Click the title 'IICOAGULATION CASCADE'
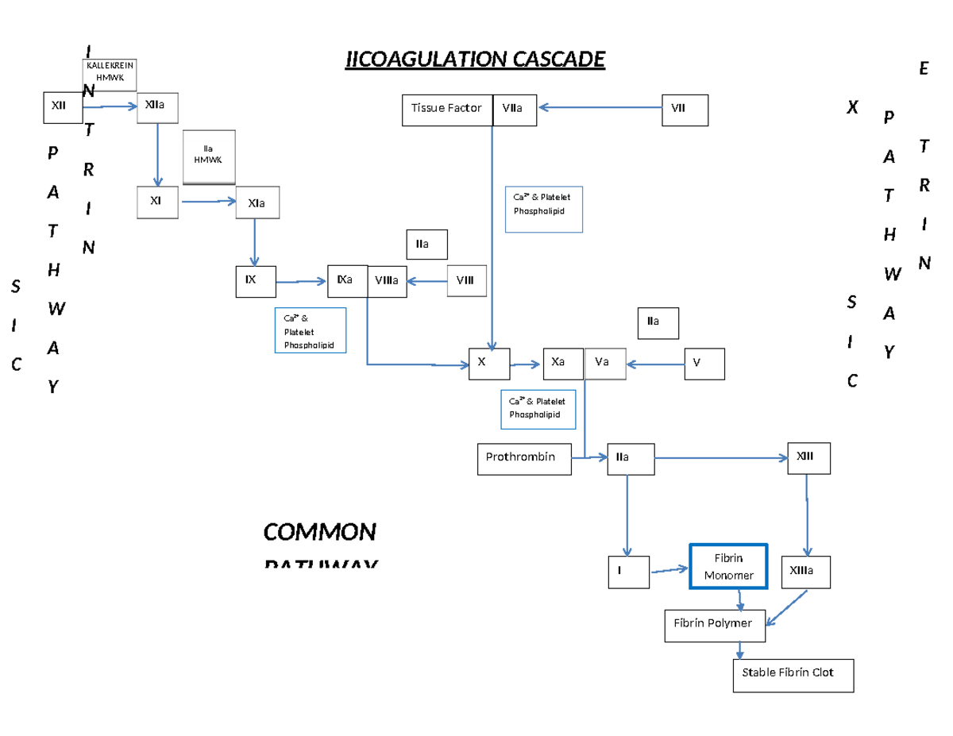[x=475, y=60]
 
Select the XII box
[x=63, y=107]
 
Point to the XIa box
[x=258, y=203]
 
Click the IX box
[x=255, y=282]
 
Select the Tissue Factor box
[x=447, y=110]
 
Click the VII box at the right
[x=685, y=110]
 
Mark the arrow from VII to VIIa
[x=600, y=110]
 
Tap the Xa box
[x=563, y=363]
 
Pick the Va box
[x=604, y=363]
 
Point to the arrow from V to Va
[x=655, y=364]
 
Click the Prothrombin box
[x=523, y=458]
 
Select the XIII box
[x=808, y=458]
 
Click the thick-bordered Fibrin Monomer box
[x=728, y=567]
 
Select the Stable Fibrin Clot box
[x=793, y=675]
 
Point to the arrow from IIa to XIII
[x=720, y=457]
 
